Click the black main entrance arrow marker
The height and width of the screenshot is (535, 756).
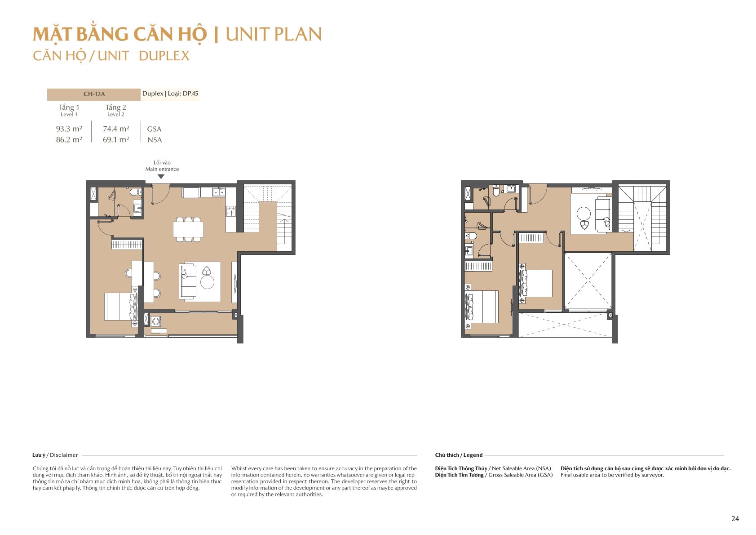click(x=161, y=176)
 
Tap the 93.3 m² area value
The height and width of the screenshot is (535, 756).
click(x=69, y=129)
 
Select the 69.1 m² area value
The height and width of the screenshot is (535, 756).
click(x=116, y=139)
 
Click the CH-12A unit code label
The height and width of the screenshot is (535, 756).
click(x=94, y=94)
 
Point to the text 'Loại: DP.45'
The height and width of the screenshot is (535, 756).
click(x=183, y=94)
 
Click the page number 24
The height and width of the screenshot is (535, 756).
click(x=735, y=518)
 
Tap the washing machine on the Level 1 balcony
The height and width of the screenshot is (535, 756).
click(x=156, y=321)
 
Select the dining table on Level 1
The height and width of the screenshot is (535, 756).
click(x=188, y=229)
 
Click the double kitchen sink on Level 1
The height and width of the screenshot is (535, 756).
click(x=219, y=192)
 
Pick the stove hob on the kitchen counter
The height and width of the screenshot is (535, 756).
click(x=231, y=211)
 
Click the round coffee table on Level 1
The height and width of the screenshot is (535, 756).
click(x=207, y=282)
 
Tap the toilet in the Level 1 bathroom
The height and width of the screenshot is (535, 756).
click(x=136, y=192)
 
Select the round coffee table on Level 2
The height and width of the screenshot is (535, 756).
click(x=584, y=214)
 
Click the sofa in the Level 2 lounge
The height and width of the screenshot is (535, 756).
click(x=603, y=214)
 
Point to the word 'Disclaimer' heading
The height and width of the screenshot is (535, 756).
click(x=64, y=455)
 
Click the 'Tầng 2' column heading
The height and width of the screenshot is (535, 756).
click(x=115, y=107)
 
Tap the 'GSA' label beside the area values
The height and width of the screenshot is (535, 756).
click(x=154, y=129)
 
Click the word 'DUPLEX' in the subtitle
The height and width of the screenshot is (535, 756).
click(x=164, y=56)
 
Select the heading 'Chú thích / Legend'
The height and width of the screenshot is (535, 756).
click(x=459, y=455)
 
